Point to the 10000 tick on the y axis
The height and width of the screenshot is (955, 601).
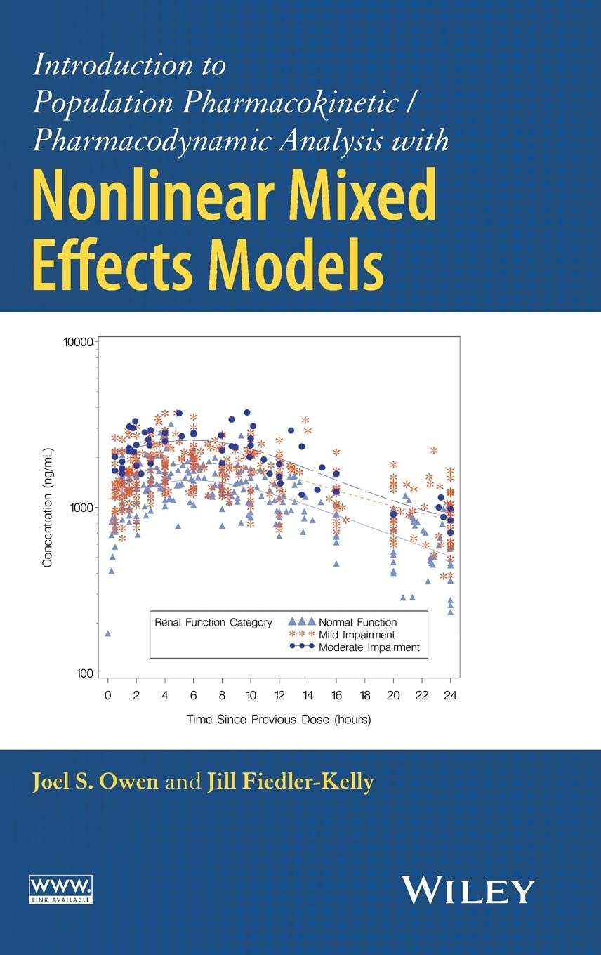pyautogui.click(x=78, y=342)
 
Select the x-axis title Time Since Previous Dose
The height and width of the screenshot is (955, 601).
pyautogui.click(x=279, y=719)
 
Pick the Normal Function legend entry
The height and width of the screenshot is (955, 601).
pyautogui.click(x=357, y=622)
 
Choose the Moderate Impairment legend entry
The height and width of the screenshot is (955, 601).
pyautogui.click(x=369, y=647)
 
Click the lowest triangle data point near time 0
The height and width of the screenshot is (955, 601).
pyautogui.click(x=107, y=633)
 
